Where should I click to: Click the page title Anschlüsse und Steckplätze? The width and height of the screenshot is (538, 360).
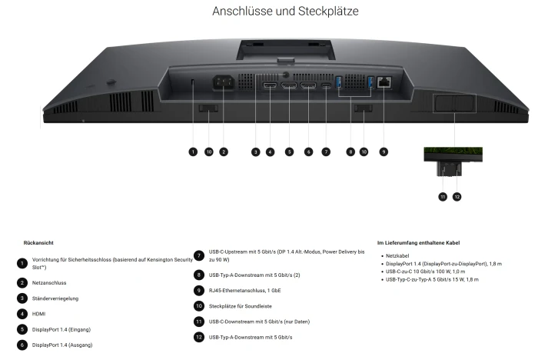pos(285,11)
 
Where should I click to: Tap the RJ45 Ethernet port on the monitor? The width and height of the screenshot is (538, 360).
pos(384,82)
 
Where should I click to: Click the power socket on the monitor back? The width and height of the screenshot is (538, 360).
pos(224,83)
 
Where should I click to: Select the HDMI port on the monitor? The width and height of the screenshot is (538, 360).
pos(270,85)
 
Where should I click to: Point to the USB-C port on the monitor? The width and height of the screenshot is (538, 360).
pos(326,85)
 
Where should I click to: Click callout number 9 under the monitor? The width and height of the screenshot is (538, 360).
pos(384,152)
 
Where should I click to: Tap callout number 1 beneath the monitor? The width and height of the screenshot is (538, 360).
pos(193,152)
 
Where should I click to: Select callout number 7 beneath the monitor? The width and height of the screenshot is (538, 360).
pos(326,152)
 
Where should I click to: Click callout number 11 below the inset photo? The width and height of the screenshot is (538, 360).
pos(443,197)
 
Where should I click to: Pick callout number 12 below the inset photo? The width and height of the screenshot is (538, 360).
pos(457,197)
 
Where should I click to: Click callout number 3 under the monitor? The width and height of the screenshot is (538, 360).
pos(255,152)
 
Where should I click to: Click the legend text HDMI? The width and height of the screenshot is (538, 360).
pos(38,314)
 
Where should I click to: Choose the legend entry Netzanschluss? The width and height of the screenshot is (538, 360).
pos(49,283)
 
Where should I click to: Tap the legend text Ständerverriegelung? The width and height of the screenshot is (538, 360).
pos(55,298)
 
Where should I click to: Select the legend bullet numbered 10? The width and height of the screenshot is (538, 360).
pos(199,305)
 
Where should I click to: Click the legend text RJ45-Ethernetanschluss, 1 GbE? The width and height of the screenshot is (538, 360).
pos(244,291)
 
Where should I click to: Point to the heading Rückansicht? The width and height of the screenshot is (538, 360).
pos(38,243)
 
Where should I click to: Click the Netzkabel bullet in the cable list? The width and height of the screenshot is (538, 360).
pos(397,256)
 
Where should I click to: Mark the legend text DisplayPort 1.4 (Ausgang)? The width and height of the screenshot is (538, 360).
pos(62,345)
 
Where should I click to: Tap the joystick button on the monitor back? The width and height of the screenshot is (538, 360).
pos(111,82)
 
